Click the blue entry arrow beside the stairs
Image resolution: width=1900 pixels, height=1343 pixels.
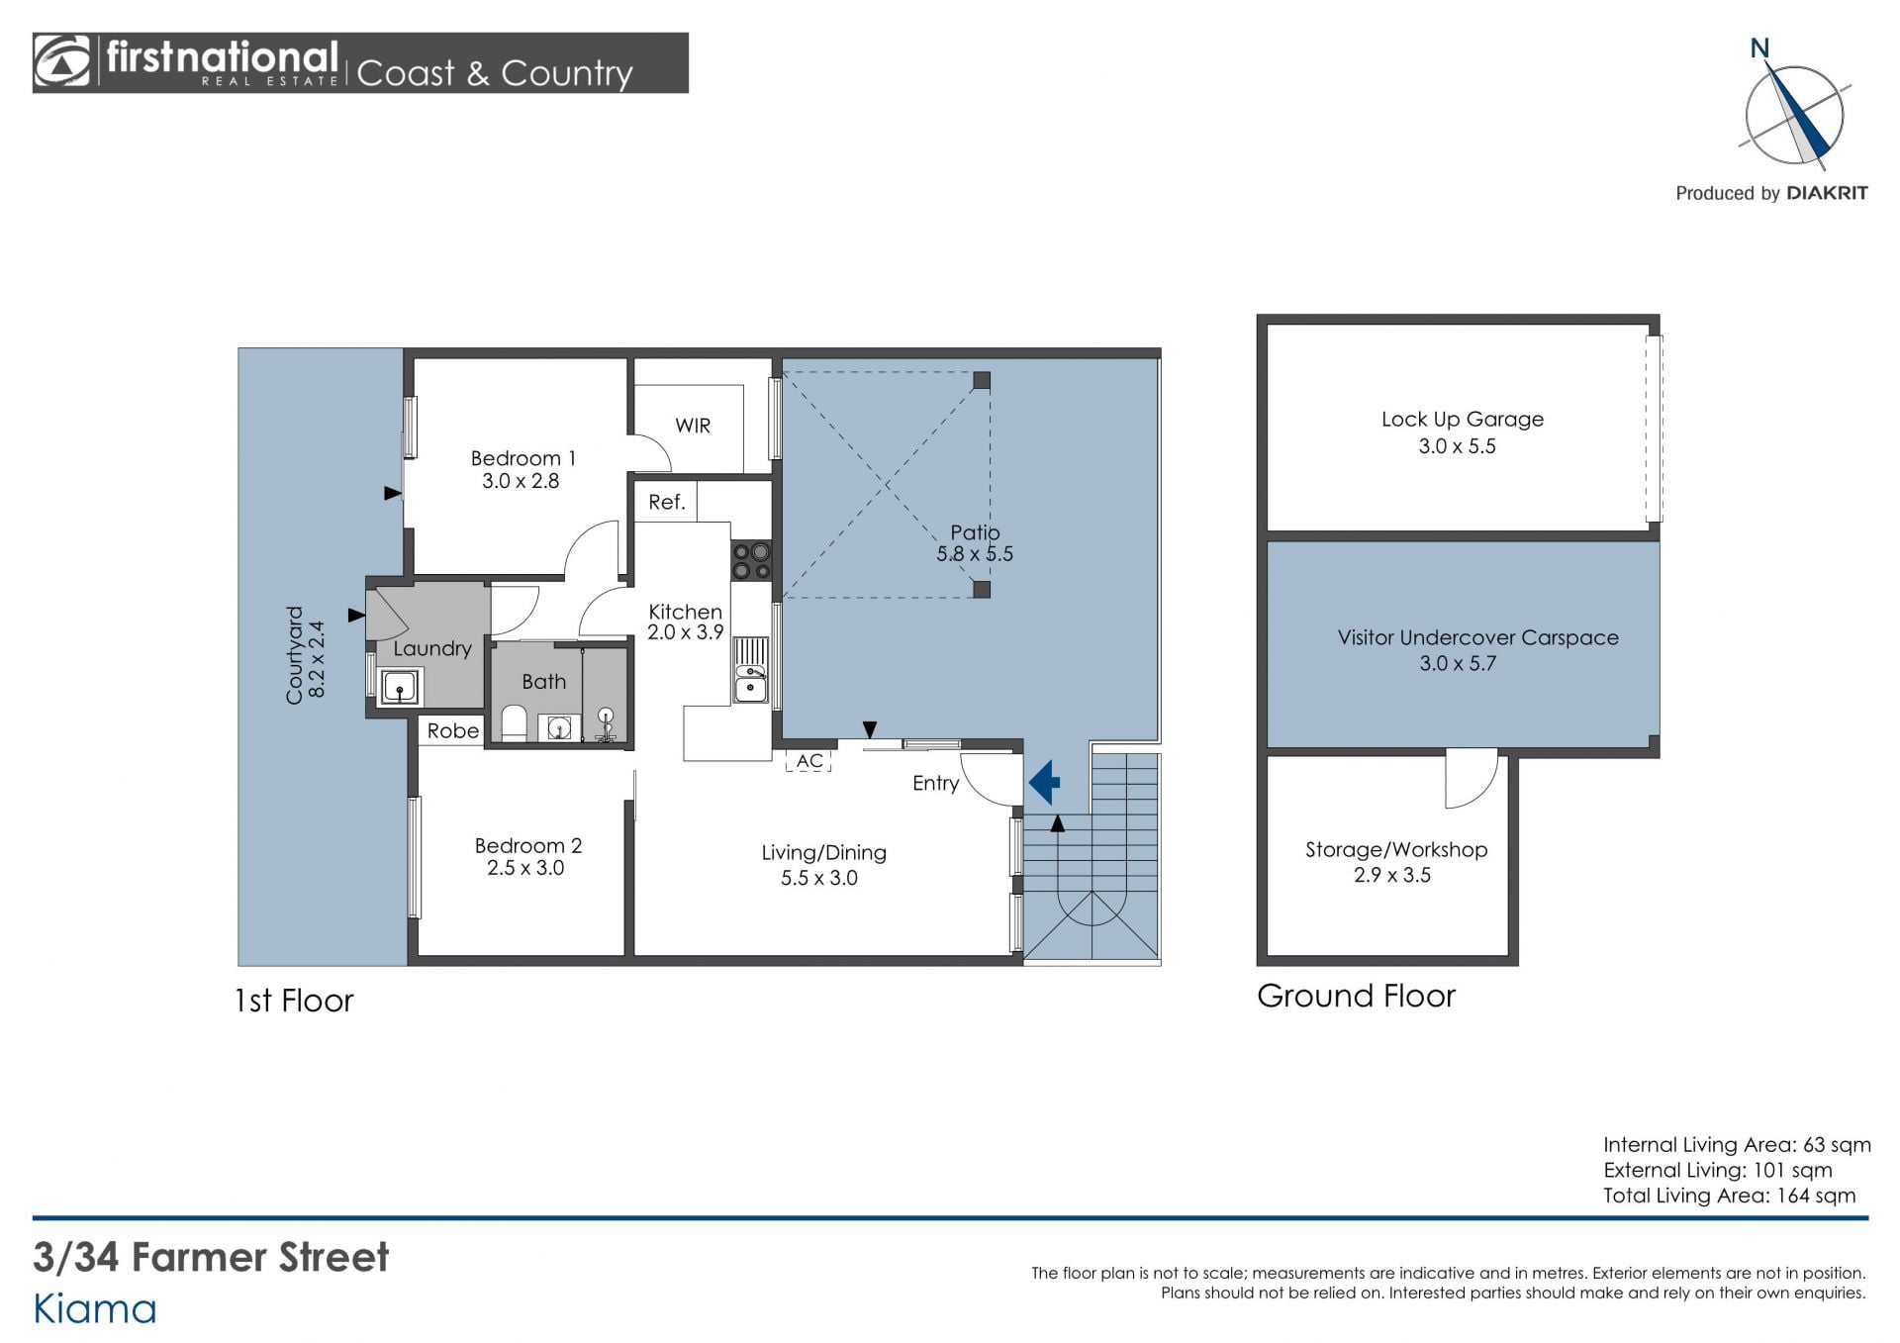1044,783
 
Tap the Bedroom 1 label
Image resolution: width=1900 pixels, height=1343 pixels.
522,458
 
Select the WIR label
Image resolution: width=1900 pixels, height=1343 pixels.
693,426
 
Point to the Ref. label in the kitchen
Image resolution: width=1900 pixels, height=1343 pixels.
666,502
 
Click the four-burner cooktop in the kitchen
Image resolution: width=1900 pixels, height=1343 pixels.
752,561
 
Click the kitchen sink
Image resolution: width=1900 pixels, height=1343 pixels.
751,683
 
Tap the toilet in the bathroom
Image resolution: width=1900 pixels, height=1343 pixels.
514,722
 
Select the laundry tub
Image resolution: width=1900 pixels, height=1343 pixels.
400,686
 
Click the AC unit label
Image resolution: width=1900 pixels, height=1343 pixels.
809,761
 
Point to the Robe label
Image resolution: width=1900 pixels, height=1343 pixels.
453,730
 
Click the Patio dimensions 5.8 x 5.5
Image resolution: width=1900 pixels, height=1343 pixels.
975,554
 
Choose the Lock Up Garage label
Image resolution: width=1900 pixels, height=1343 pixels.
1463,420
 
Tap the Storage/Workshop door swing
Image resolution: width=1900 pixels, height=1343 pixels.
1472,780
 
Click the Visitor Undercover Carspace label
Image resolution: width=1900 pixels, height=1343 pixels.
1478,638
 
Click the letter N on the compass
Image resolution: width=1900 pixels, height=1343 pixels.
1759,48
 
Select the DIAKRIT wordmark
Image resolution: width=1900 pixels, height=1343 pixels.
1827,194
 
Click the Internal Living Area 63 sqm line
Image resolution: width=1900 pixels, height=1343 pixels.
1737,1145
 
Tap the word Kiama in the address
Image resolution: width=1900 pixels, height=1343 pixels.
95,1309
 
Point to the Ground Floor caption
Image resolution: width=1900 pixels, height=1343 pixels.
1356,996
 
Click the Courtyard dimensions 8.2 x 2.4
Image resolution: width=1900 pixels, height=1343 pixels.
317,659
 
